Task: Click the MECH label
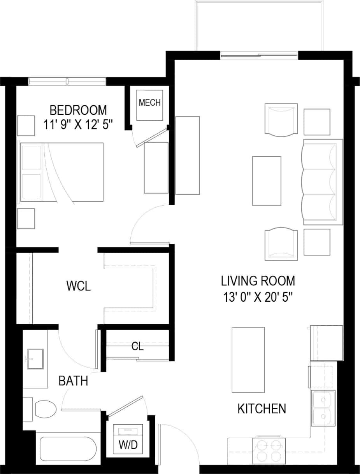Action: click(x=150, y=103)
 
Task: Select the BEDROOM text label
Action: click(x=78, y=110)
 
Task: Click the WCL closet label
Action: click(x=78, y=287)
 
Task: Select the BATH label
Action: click(x=73, y=381)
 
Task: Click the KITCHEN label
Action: click(x=262, y=409)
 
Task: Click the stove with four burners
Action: click(x=269, y=450)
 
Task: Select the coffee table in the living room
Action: click(x=267, y=180)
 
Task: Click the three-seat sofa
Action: click(x=323, y=182)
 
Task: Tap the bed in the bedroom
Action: click(x=62, y=172)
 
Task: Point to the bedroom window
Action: click(x=67, y=81)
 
